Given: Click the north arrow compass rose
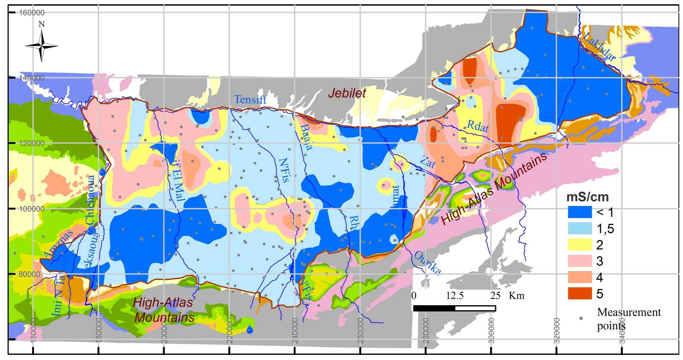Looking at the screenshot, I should click(x=41, y=46).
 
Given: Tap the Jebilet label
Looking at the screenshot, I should click(x=347, y=93).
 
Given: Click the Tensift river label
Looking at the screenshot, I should click(x=250, y=99).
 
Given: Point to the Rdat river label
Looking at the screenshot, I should click(x=477, y=126).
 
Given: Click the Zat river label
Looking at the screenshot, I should click(x=427, y=162).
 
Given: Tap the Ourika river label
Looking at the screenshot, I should click(x=427, y=263).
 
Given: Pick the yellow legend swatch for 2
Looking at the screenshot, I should click(x=579, y=245).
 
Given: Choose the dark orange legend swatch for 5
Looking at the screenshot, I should click(x=579, y=294).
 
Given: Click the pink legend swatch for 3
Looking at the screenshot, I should click(x=579, y=261).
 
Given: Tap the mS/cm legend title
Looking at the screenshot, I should click(x=587, y=197).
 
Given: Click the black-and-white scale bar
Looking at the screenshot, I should click(x=454, y=308).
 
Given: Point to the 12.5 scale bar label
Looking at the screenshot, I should click(x=454, y=295).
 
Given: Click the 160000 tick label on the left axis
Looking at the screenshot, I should click(x=32, y=13).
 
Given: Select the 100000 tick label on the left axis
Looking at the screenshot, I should click(x=32, y=209).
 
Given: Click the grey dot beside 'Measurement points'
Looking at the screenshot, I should click(x=581, y=318).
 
